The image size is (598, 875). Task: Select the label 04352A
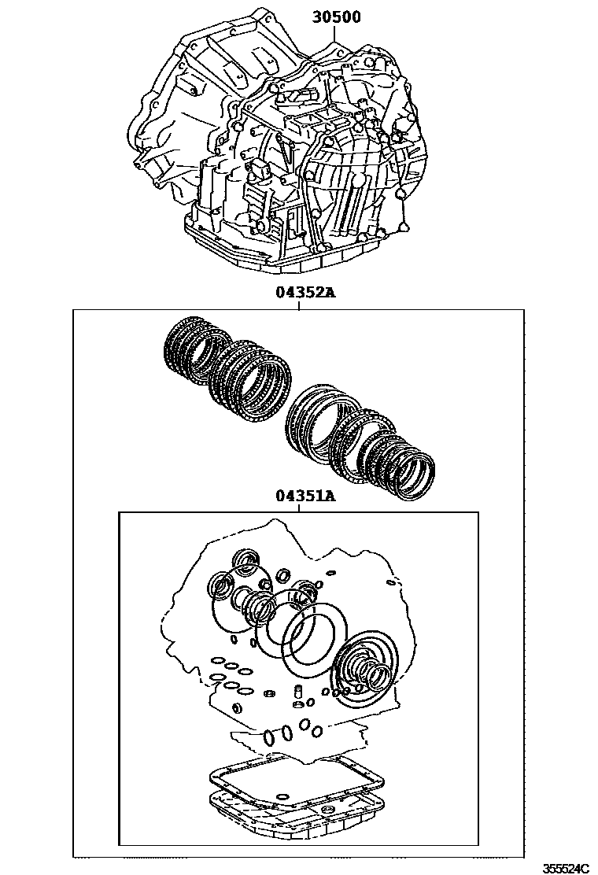(x=305, y=293)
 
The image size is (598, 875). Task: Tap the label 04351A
(x=305, y=497)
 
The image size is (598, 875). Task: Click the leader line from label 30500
(x=335, y=38)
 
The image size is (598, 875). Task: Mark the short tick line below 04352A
(x=300, y=305)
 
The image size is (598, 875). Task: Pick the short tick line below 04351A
(x=300, y=508)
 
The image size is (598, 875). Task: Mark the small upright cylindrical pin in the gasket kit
(x=299, y=692)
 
